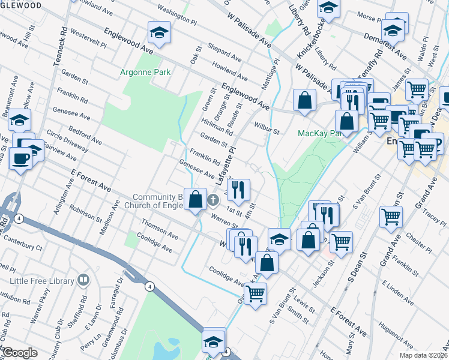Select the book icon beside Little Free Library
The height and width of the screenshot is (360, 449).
83,280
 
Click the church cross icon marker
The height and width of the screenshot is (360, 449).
212,200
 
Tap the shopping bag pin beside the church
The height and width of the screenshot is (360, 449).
196,199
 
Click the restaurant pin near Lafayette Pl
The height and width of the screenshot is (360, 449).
240,190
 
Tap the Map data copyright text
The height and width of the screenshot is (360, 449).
423,355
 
